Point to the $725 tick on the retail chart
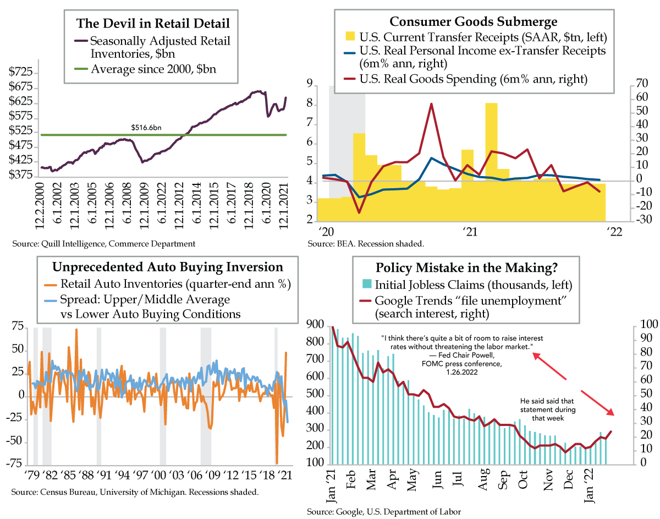point(21,73)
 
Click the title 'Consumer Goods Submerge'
point(473,22)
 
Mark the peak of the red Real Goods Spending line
point(431,104)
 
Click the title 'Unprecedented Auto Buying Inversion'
point(167,267)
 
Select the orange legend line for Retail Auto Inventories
point(51,285)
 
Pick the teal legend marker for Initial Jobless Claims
point(366,286)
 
